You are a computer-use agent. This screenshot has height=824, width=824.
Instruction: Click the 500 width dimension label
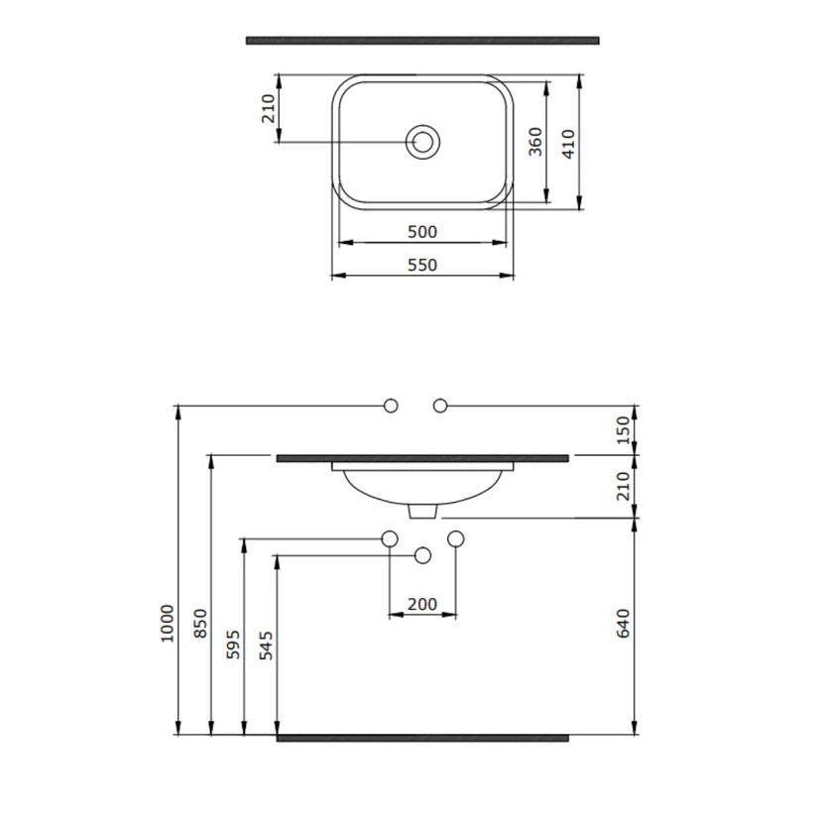(422, 232)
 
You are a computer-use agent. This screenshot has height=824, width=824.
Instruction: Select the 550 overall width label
(422, 265)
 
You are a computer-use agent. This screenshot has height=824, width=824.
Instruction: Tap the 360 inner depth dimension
(535, 142)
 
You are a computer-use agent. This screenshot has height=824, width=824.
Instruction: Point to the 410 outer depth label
(568, 144)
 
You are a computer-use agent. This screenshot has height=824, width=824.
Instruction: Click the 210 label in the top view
(269, 108)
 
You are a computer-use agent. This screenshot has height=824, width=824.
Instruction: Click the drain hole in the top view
(422, 142)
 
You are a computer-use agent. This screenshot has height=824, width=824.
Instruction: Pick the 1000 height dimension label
(168, 624)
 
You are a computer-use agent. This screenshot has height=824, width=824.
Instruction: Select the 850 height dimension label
(200, 624)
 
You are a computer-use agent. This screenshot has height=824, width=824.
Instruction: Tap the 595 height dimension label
(233, 645)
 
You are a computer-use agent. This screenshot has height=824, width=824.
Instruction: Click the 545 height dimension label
(266, 646)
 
